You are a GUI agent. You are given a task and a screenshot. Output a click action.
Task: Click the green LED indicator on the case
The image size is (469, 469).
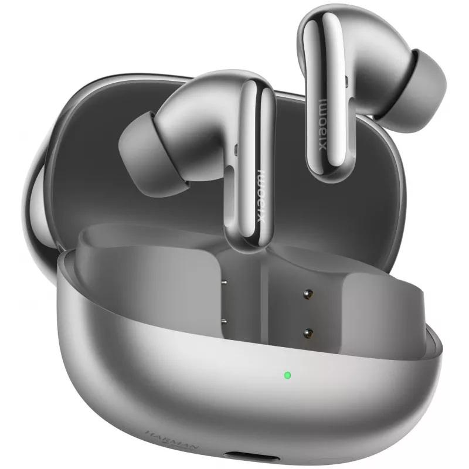[288, 375]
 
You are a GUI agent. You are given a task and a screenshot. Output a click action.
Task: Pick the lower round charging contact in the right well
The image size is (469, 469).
[307, 333]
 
